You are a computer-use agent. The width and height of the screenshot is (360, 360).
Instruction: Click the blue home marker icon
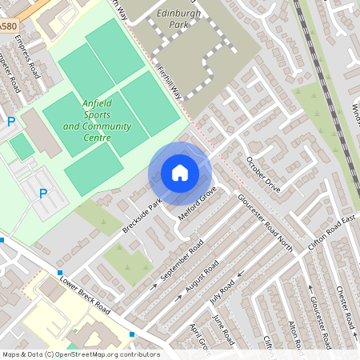click(x=180, y=172)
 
